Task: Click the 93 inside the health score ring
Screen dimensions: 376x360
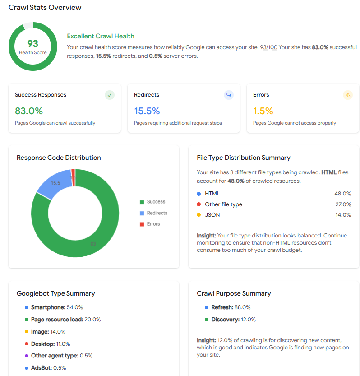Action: tap(32, 43)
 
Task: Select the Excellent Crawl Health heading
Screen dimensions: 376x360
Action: tap(101, 36)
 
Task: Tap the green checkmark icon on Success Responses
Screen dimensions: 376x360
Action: tap(109, 95)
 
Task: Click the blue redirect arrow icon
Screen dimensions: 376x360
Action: tap(229, 95)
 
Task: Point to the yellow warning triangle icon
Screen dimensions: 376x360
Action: tap(347, 95)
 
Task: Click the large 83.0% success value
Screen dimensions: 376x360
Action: tap(29, 111)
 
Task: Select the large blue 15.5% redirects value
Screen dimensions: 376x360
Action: tap(147, 111)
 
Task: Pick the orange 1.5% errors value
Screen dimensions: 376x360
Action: tap(263, 111)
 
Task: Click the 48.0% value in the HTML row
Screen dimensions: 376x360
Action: tap(342, 194)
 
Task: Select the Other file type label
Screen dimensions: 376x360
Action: tap(223, 204)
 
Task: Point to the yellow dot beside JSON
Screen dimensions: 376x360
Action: tap(199, 215)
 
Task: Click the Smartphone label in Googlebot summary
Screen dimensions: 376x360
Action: tap(48, 307)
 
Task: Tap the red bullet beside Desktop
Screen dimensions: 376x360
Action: tap(27, 344)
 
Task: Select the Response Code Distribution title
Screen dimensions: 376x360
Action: tap(59, 158)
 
